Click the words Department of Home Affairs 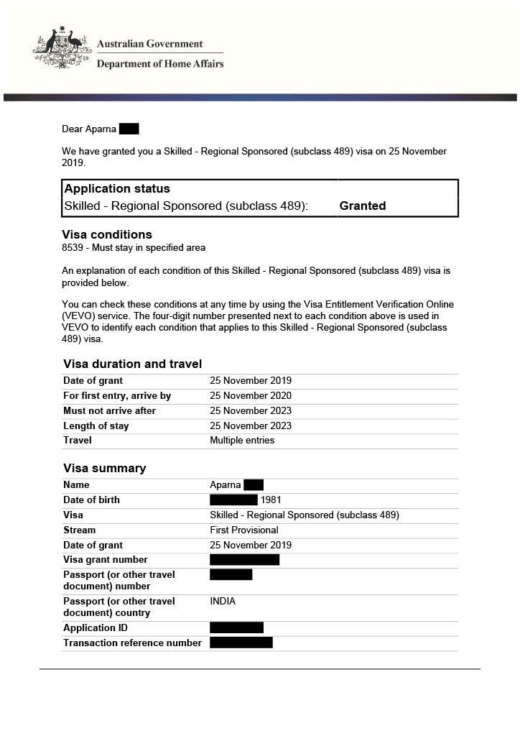160,64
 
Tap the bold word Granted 362,206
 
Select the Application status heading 117,189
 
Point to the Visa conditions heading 107,234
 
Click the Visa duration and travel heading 132,364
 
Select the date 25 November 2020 251,396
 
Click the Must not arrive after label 109,411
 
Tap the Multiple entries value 242,441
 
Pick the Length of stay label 96,426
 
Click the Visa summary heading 104,468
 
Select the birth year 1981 271,500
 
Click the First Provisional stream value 244,530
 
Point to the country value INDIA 223,602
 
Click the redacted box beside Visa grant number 244,560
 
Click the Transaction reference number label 132,643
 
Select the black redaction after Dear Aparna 129,129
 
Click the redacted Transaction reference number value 241,643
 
